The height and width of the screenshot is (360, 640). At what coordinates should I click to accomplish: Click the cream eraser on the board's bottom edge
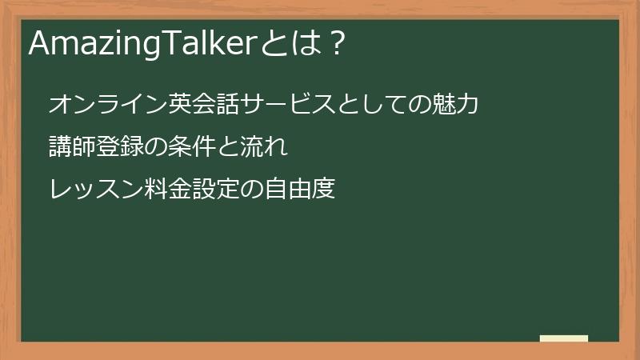coord(563,338)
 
